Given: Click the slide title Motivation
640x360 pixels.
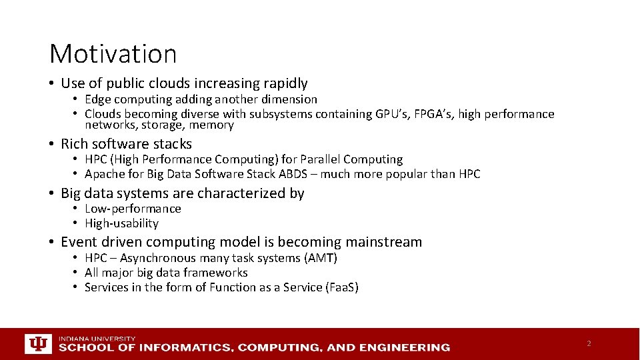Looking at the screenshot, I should [x=113, y=54].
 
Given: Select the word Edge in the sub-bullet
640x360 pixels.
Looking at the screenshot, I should [x=97, y=99].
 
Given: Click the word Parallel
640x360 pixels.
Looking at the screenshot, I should [x=321, y=159].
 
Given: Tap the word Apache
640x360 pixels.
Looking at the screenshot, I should [x=105, y=174].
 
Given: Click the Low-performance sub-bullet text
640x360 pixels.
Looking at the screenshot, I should [x=133, y=209].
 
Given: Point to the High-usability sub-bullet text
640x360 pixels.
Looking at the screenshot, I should [x=121, y=223].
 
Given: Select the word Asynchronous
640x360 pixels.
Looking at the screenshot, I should [x=158, y=258].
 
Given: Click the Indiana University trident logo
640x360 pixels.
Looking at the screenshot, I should [x=38, y=343].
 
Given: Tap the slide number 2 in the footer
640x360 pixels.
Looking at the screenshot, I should [x=589, y=343].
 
